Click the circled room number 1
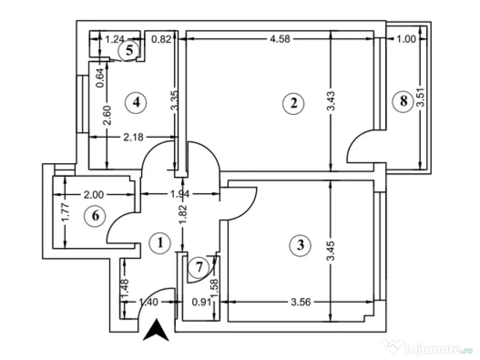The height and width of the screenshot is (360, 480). click(x=160, y=243)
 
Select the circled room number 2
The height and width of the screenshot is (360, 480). click(x=293, y=103)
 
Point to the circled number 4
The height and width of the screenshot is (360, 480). click(x=136, y=102)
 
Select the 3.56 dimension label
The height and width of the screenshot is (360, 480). click(x=300, y=302)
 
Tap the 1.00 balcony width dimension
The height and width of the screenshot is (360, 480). click(x=406, y=39)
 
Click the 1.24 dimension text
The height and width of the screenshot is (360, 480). click(x=114, y=40)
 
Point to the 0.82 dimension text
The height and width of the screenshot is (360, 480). click(x=161, y=40)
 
